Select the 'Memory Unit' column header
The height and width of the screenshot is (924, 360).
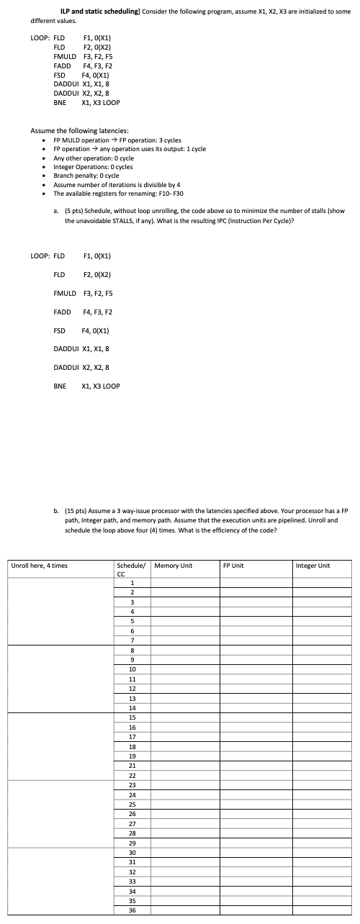(174, 566)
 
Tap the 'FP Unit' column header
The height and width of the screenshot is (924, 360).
(235, 566)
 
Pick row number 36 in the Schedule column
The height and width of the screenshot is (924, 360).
(132, 910)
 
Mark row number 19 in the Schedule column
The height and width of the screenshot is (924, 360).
(132, 756)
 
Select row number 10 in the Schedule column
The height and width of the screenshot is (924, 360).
(132, 669)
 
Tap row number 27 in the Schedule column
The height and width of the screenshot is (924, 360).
(132, 823)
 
